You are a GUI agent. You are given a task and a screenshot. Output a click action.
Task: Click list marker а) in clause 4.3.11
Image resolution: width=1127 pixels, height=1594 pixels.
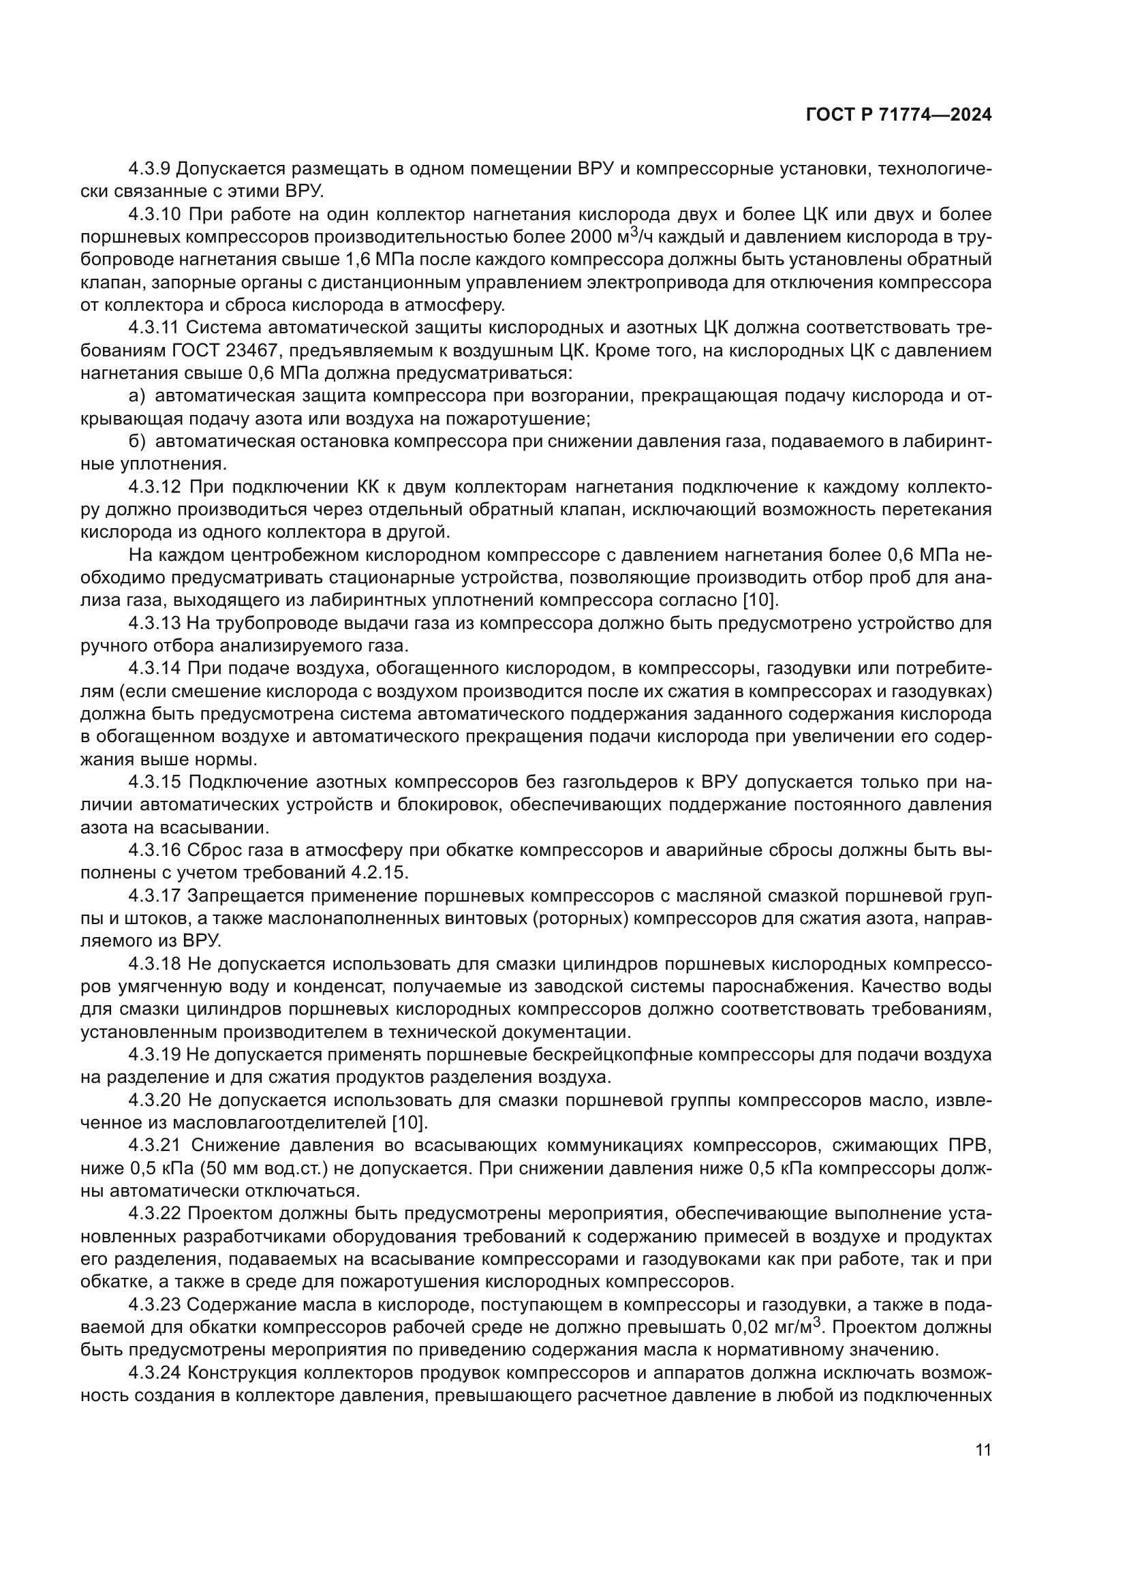click(138, 397)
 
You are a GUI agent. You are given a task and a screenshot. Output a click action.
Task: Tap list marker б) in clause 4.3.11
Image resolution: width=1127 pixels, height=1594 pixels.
click(138, 442)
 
